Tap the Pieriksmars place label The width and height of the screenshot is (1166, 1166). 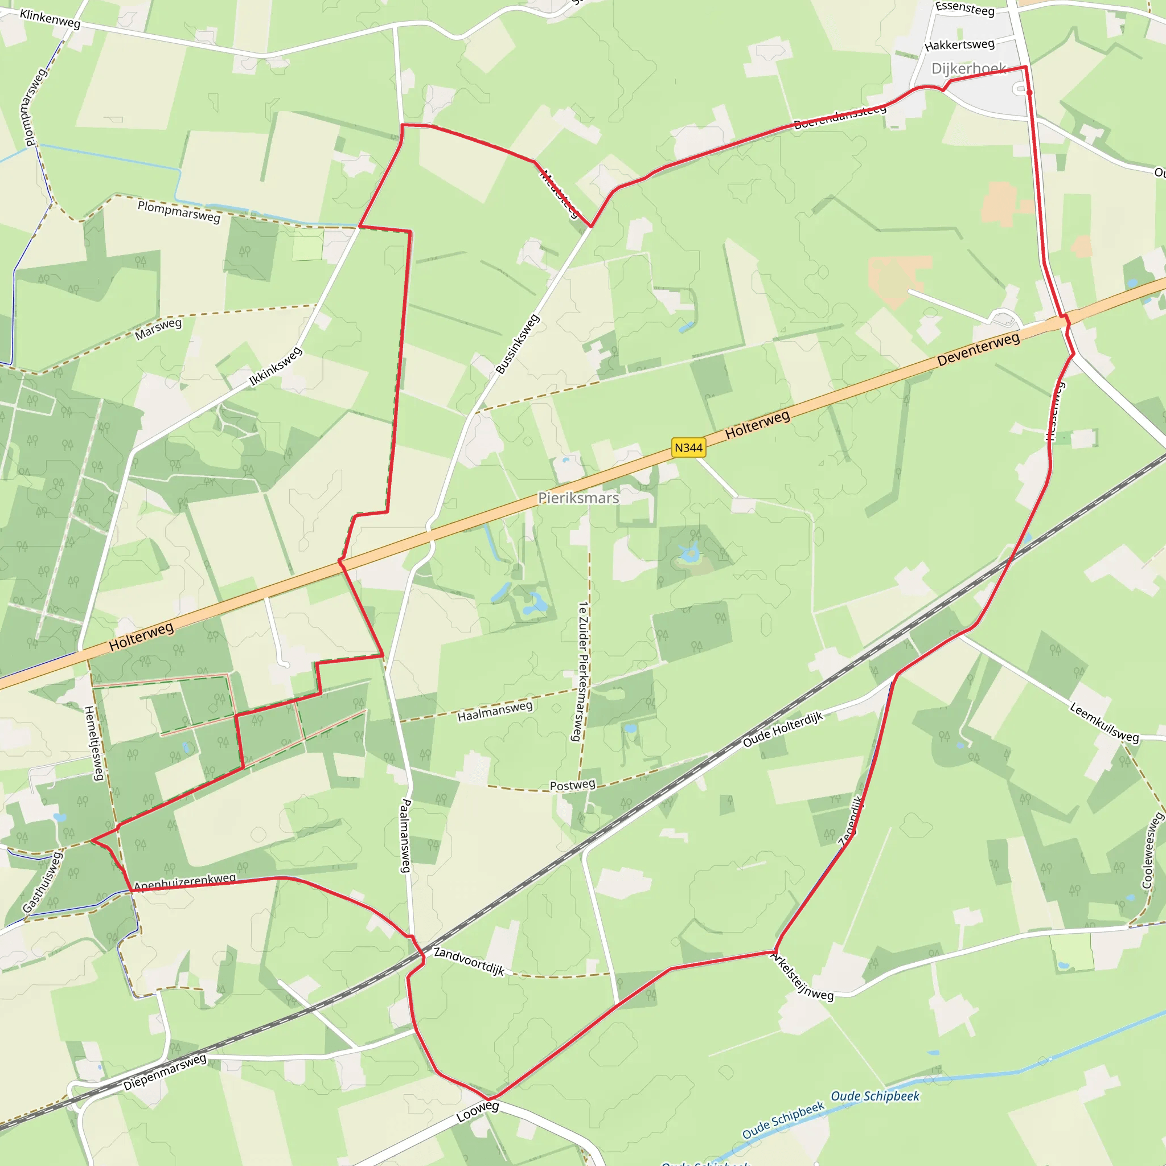point(578,498)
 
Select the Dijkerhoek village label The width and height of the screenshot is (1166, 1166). point(968,68)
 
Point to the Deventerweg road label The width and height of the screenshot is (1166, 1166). point(978,349)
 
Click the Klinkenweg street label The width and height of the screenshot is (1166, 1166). point(50,19)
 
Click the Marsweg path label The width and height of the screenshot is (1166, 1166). point(158,329)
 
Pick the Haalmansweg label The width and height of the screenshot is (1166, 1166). point(495,711)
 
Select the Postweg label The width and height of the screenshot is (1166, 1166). point(572,785)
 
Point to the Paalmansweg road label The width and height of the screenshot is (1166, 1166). point(405,836)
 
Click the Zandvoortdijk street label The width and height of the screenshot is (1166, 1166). point(469,961)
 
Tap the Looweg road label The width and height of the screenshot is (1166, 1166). point(477,1111)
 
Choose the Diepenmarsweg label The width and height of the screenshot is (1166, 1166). point(165,1072)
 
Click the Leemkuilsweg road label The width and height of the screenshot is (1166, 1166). point(1104,722)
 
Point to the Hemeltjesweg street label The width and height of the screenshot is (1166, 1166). point(93,743)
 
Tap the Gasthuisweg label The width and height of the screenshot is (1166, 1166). point(42,882)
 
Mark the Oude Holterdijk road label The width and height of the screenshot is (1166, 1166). point(782,729)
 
